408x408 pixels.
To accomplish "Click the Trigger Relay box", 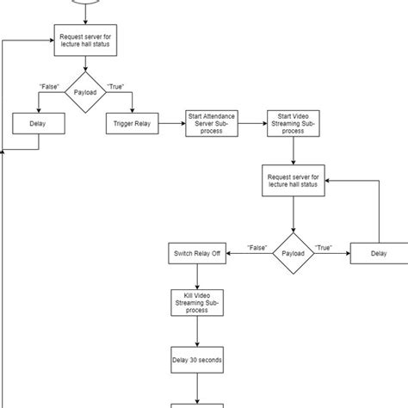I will point(133,124).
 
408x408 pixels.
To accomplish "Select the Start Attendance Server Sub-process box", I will point(212,124).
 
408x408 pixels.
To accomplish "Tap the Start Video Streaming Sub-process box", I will point(294,124).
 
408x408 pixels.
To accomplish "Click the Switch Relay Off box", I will point(198,254).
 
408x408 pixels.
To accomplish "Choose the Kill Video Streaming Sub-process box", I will point(198,303).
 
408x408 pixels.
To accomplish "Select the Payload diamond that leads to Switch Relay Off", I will point(294,254).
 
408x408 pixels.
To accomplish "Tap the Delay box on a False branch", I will point(38,124).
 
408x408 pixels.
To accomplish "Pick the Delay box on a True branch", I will point(379,254).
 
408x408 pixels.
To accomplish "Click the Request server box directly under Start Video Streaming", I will point(294,182).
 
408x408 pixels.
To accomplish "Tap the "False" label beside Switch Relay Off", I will point(257,247).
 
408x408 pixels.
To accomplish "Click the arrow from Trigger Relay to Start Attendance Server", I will point(171,124).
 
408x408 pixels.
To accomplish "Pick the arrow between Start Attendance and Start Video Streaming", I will point(252,124).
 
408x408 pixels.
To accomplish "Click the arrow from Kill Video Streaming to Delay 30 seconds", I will point(198,331).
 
